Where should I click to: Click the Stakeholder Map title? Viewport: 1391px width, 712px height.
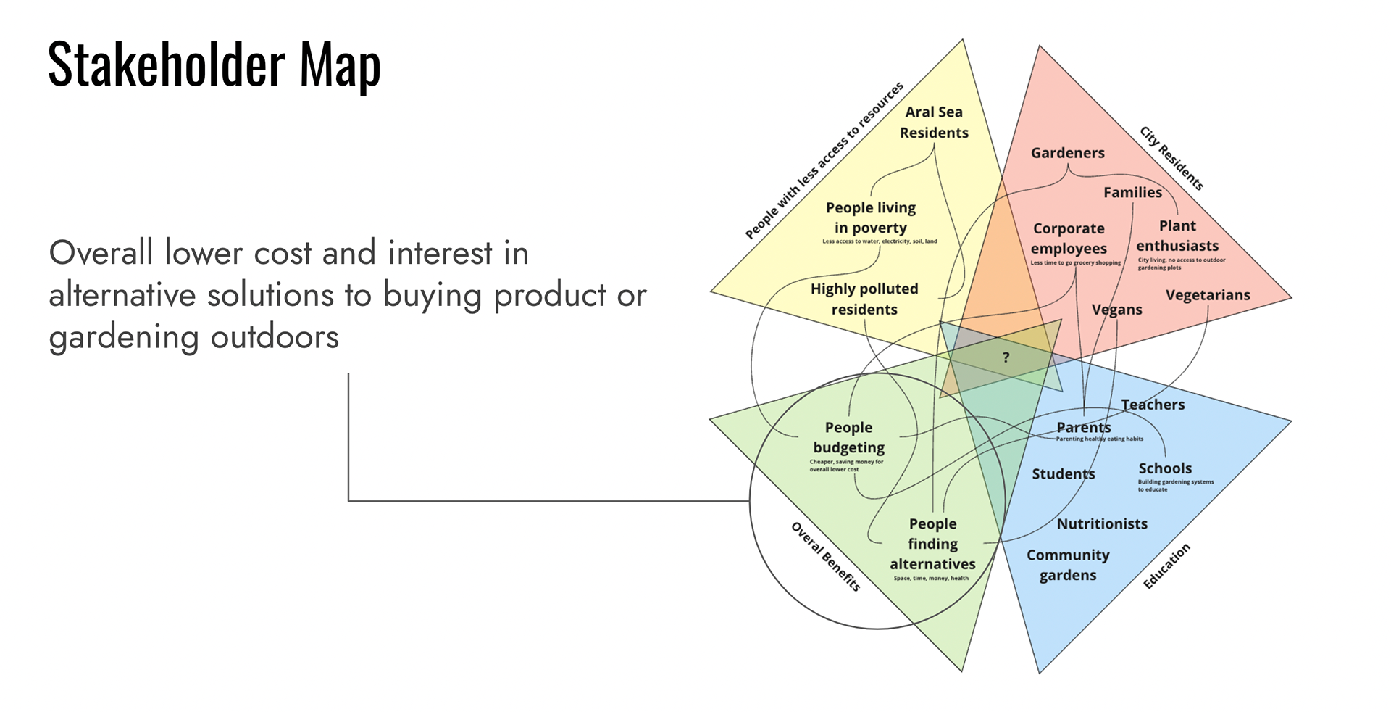tap(214, 65)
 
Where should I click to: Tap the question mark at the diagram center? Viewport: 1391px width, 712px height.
tap(1006, 357)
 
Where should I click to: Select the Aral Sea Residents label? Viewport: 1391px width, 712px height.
tap(934, 123)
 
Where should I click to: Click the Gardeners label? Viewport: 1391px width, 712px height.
tap(1067, 153)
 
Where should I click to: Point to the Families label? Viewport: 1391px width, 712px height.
tap(1132, 192)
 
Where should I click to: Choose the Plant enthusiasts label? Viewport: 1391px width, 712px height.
tap(1177, 236)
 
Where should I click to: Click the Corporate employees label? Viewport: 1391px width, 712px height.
tap(1069, 239)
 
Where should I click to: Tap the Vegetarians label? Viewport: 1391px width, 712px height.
tap(1208, 295)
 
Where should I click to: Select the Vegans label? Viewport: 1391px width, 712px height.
tap(1116, 310)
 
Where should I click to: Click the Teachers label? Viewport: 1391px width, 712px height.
tap(1153, 405)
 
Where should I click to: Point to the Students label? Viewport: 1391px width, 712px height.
tap(1063, 474)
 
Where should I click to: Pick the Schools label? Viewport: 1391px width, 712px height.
tap(1164, 468)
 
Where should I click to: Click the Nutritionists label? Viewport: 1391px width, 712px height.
tap(1102, 523)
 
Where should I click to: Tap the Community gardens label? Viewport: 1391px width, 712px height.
tap(1068, 565)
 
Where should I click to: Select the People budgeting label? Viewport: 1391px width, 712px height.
tap(848, 437)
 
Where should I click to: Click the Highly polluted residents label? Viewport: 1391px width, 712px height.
tap(864, 299)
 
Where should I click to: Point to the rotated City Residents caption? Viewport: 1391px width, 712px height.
tap(1171, 158)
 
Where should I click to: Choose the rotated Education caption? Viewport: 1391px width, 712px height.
tap(1166, 566)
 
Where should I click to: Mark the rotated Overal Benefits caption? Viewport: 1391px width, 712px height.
tap(825, 557)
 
